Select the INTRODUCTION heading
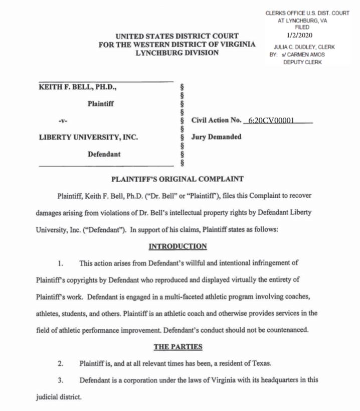click(x=177, y=246)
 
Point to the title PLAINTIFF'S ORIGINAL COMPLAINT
click(x=177, y=179)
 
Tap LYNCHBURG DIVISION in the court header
click(x=177, y=53)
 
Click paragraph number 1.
click(x=60, y=262)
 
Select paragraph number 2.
click(x=60, y=363)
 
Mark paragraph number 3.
click(x=60, y=380)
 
